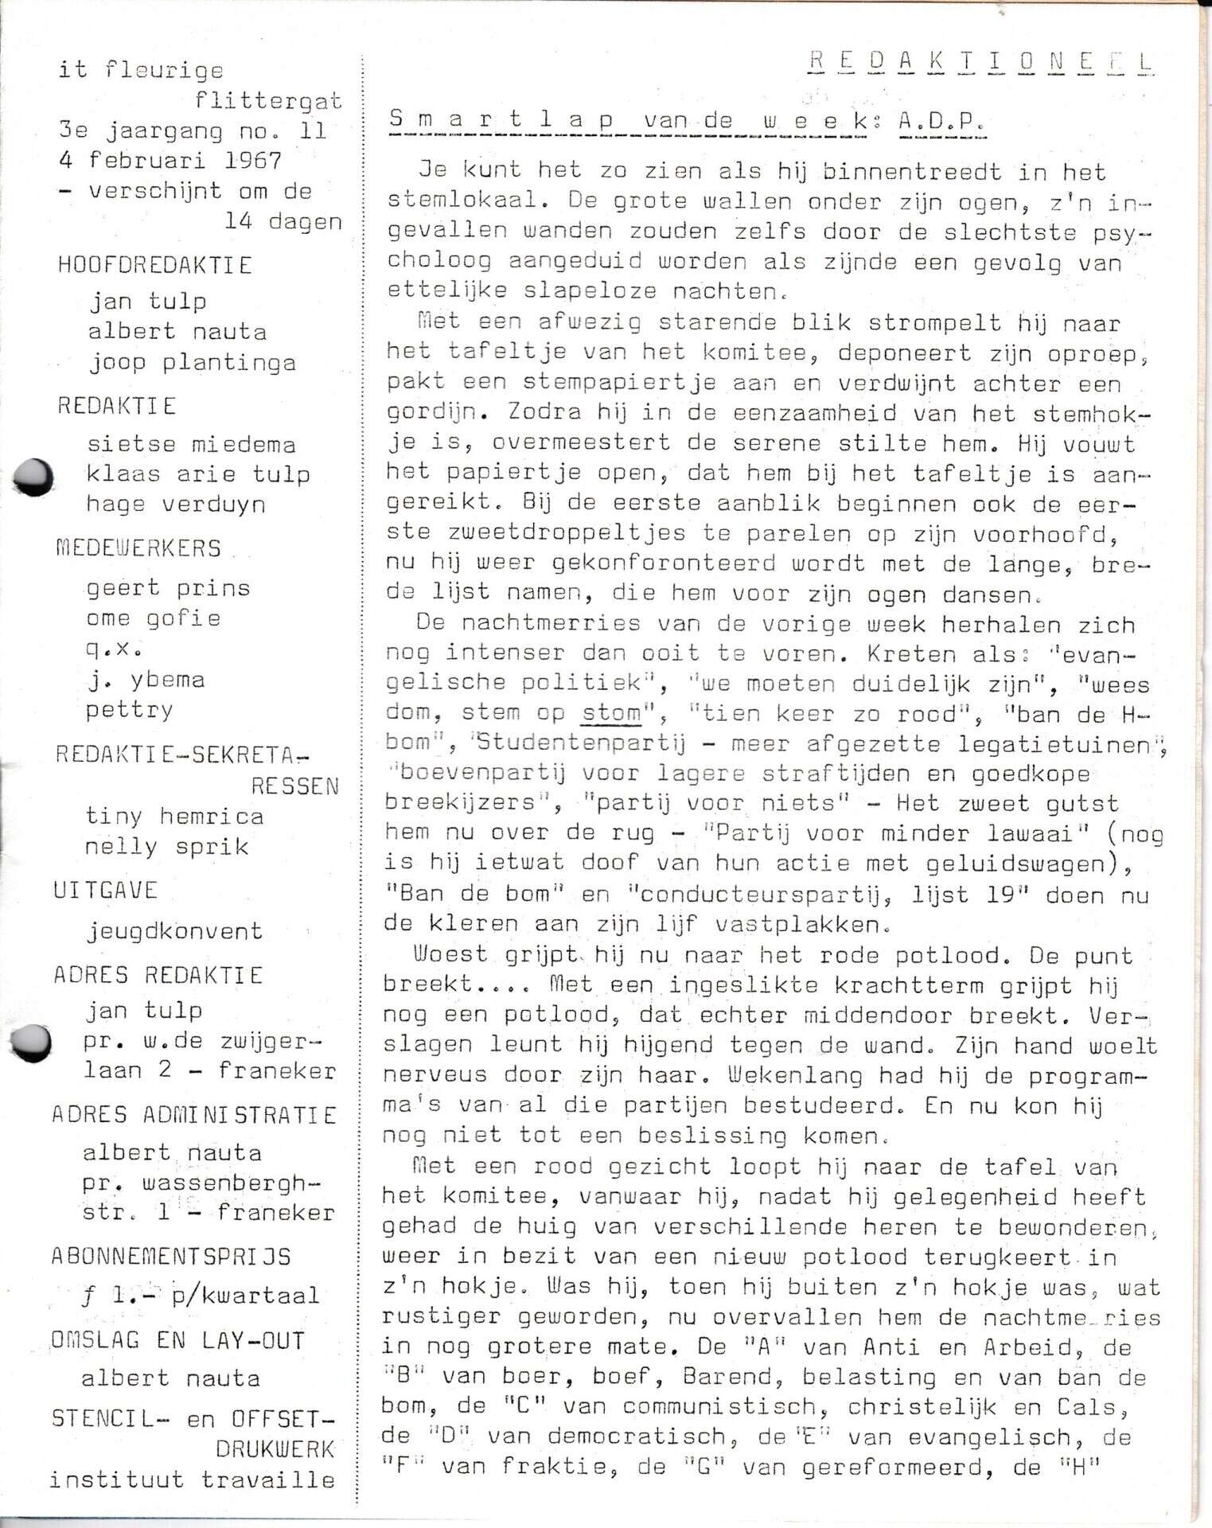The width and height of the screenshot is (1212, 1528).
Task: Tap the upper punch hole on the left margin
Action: tap(34, 477)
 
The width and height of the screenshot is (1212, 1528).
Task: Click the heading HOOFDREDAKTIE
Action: tap(155, 265)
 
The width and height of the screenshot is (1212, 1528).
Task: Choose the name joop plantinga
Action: tap(192, 363)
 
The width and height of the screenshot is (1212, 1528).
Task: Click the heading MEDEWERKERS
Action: tap(138, 548)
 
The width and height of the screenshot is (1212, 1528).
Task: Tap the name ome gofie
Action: tap(154, 618)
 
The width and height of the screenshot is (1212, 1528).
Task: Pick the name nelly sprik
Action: tap(167, 847)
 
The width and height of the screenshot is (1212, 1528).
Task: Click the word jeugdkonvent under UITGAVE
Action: tap(174, 930)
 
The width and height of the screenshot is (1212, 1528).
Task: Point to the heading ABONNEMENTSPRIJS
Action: tap(171, 1257)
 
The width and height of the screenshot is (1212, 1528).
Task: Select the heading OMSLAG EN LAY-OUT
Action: tap(177, 1341)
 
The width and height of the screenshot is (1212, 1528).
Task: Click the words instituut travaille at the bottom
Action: tap(192, 1480)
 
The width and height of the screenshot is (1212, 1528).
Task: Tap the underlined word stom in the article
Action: tap(610, 712)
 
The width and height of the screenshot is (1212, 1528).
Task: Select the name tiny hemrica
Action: tap(174, 817)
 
